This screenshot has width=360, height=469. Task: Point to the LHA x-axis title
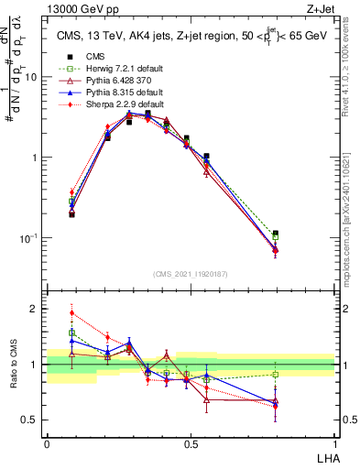324,459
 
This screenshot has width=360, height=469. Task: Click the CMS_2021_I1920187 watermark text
191,274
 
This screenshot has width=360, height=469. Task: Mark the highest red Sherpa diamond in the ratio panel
72,312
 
